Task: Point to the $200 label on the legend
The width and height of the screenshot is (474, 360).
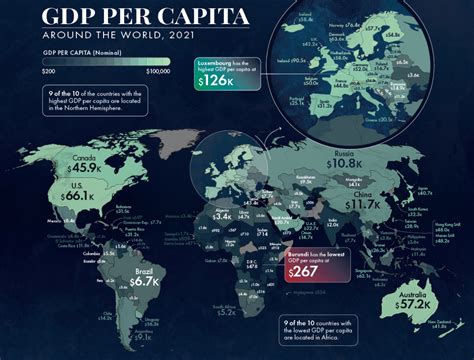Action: click(x=47, y=73)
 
